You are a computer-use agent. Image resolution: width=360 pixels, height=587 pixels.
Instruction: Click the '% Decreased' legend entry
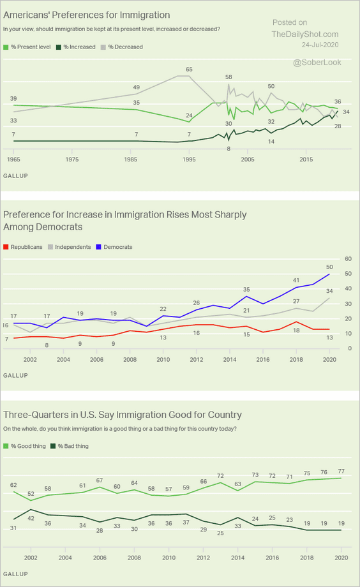coord(122,47)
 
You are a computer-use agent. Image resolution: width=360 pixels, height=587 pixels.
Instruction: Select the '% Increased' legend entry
coord(76,47)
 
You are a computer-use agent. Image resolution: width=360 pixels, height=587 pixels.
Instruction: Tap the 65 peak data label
coord(189,70)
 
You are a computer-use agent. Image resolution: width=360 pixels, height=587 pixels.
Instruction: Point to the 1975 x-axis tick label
coord(72,159)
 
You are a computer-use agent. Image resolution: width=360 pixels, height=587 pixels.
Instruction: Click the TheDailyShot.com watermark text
coord(305,34)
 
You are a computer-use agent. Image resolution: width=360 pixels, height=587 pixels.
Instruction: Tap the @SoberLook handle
coord(317,62)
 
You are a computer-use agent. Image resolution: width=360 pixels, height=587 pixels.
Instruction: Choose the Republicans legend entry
coord(23,247)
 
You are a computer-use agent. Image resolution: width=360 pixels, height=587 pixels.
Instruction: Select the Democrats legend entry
coord(114,247)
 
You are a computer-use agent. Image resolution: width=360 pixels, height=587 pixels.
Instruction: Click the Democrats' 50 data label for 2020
coord(329,267)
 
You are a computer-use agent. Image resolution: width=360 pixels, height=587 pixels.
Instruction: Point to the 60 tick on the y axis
coord(348,258)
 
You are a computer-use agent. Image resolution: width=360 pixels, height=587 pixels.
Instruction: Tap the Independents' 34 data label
coord(329,291)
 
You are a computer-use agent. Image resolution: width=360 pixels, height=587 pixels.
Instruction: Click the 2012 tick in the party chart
coord(197,359)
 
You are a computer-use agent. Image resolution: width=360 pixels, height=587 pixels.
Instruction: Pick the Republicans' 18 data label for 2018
coord(296,331)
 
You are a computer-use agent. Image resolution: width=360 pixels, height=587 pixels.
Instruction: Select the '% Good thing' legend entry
coord(24,446)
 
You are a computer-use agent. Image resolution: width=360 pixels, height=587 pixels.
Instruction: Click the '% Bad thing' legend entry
coord(70,446)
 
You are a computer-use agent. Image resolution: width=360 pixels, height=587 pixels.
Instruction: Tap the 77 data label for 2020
coord(341,472)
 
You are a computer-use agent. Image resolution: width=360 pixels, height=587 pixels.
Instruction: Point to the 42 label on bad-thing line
coord(31,518)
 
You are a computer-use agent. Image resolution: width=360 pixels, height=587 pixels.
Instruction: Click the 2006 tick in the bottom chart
coord(100,558)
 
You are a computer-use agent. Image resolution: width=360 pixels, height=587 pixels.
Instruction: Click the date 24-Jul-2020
coord(320,45)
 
